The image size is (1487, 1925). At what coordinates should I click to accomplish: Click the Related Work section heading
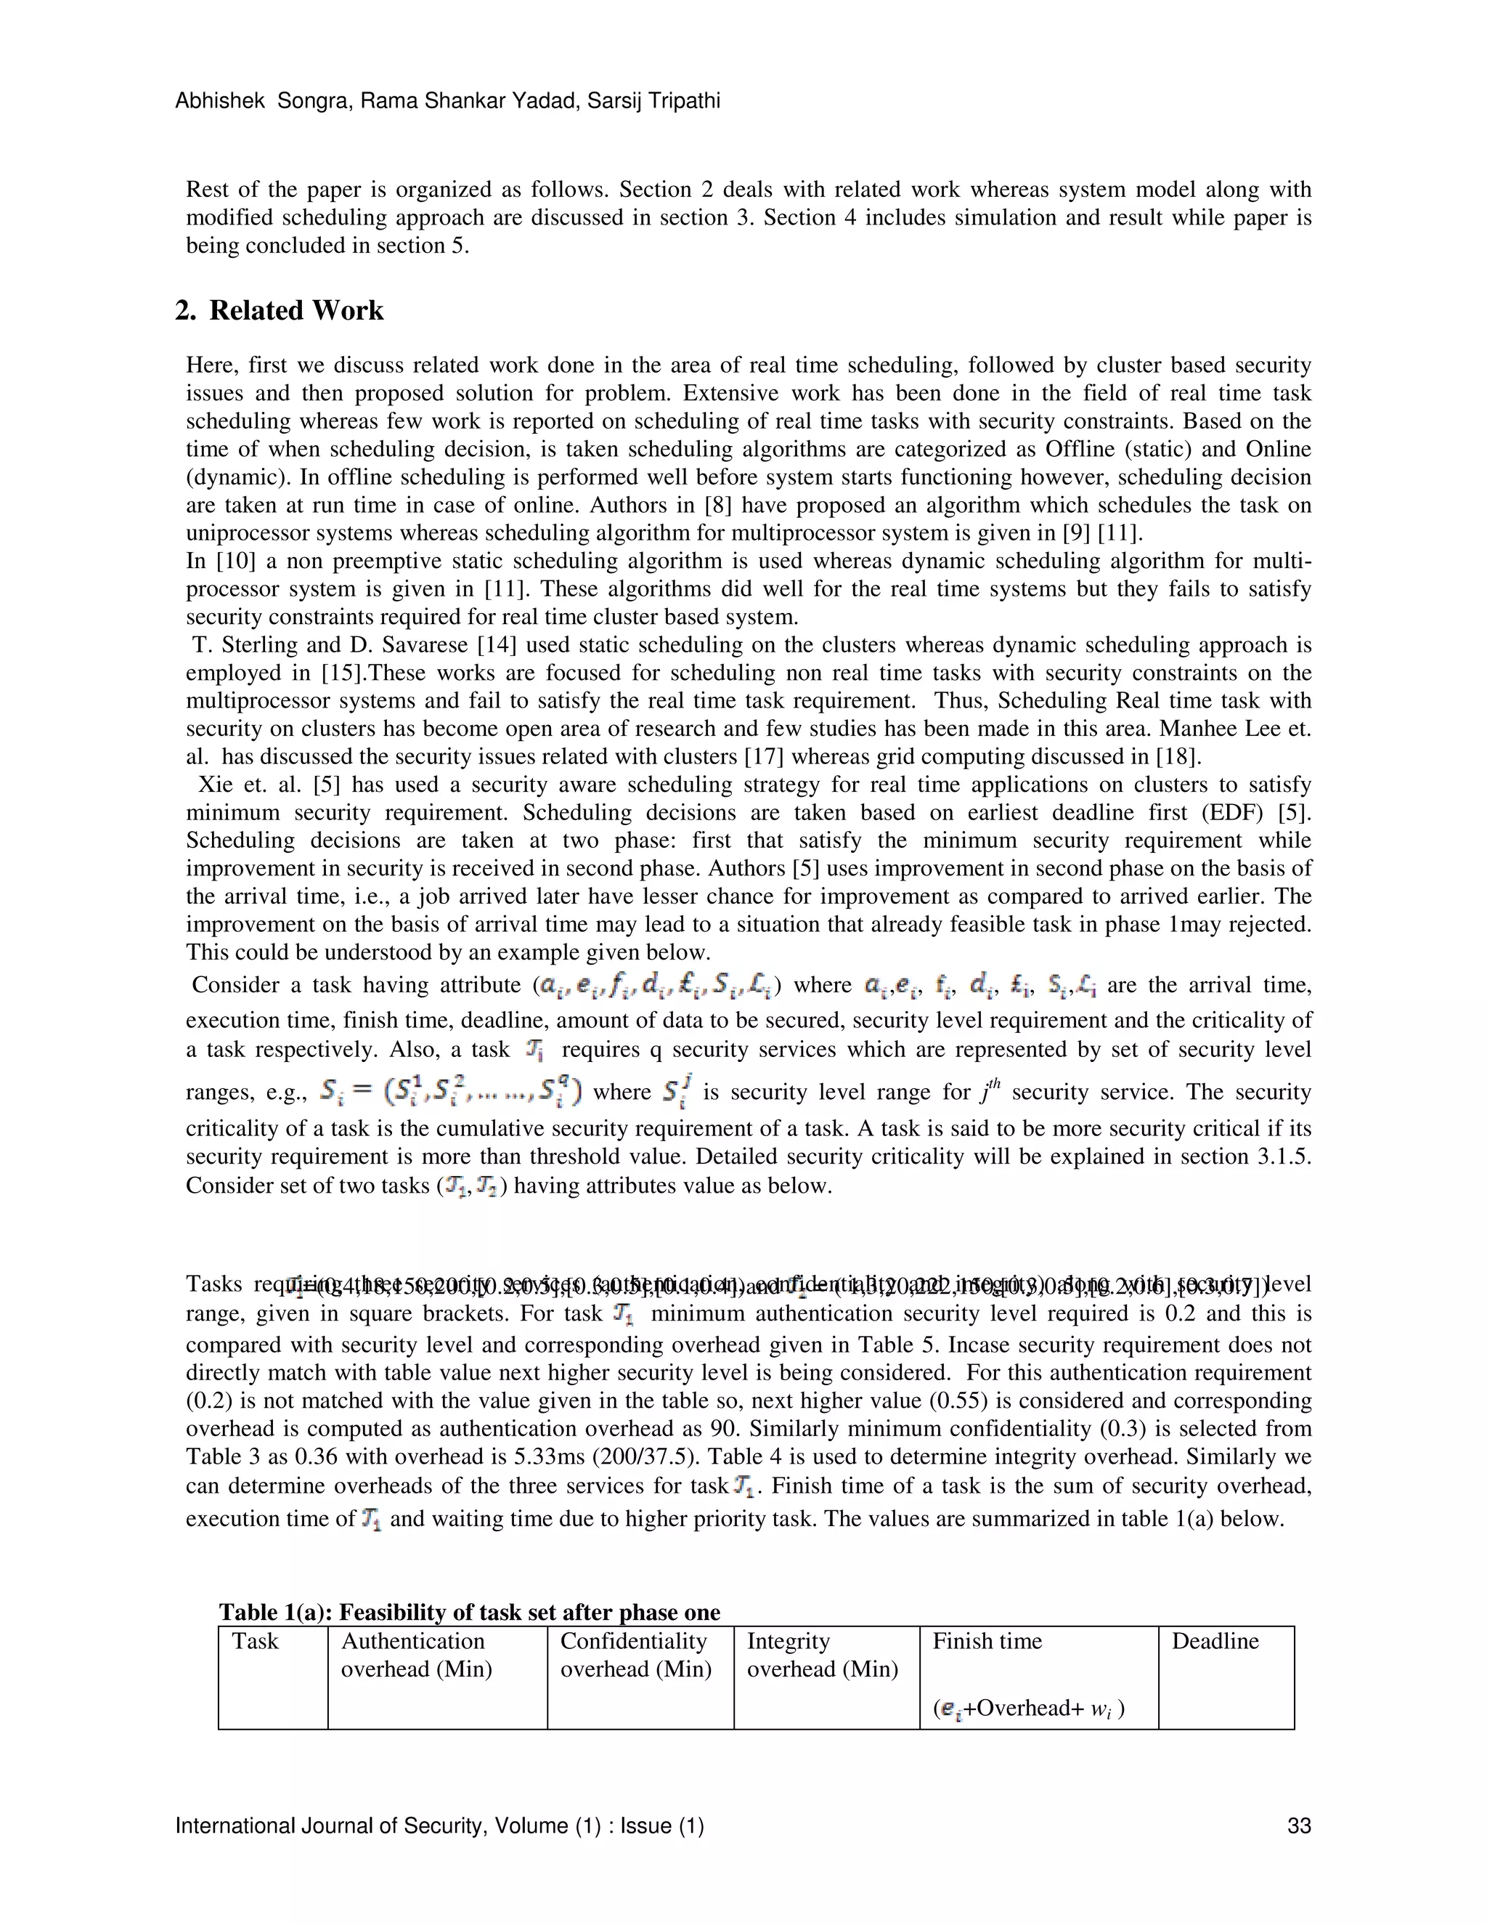(280, 311)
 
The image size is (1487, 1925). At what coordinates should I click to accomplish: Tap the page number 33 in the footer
(1298, 1825)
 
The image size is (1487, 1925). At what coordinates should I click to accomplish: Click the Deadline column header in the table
(1215, 1641)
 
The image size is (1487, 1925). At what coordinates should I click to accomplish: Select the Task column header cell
(255, 1641)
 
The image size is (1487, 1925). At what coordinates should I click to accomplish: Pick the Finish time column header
(987, 1641)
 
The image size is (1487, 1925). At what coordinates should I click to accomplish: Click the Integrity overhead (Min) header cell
(822, 1655)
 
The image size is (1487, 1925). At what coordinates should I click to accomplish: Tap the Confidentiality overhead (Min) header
(635, 1655)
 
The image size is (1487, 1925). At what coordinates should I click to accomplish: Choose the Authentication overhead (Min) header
(416, 1655)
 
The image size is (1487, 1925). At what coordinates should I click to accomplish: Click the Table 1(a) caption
(470, 1612)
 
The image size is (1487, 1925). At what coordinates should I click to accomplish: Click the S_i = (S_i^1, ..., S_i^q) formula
(450, 1094)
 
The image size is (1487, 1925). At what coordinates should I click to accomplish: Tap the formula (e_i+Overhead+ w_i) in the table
(1028, 1709)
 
